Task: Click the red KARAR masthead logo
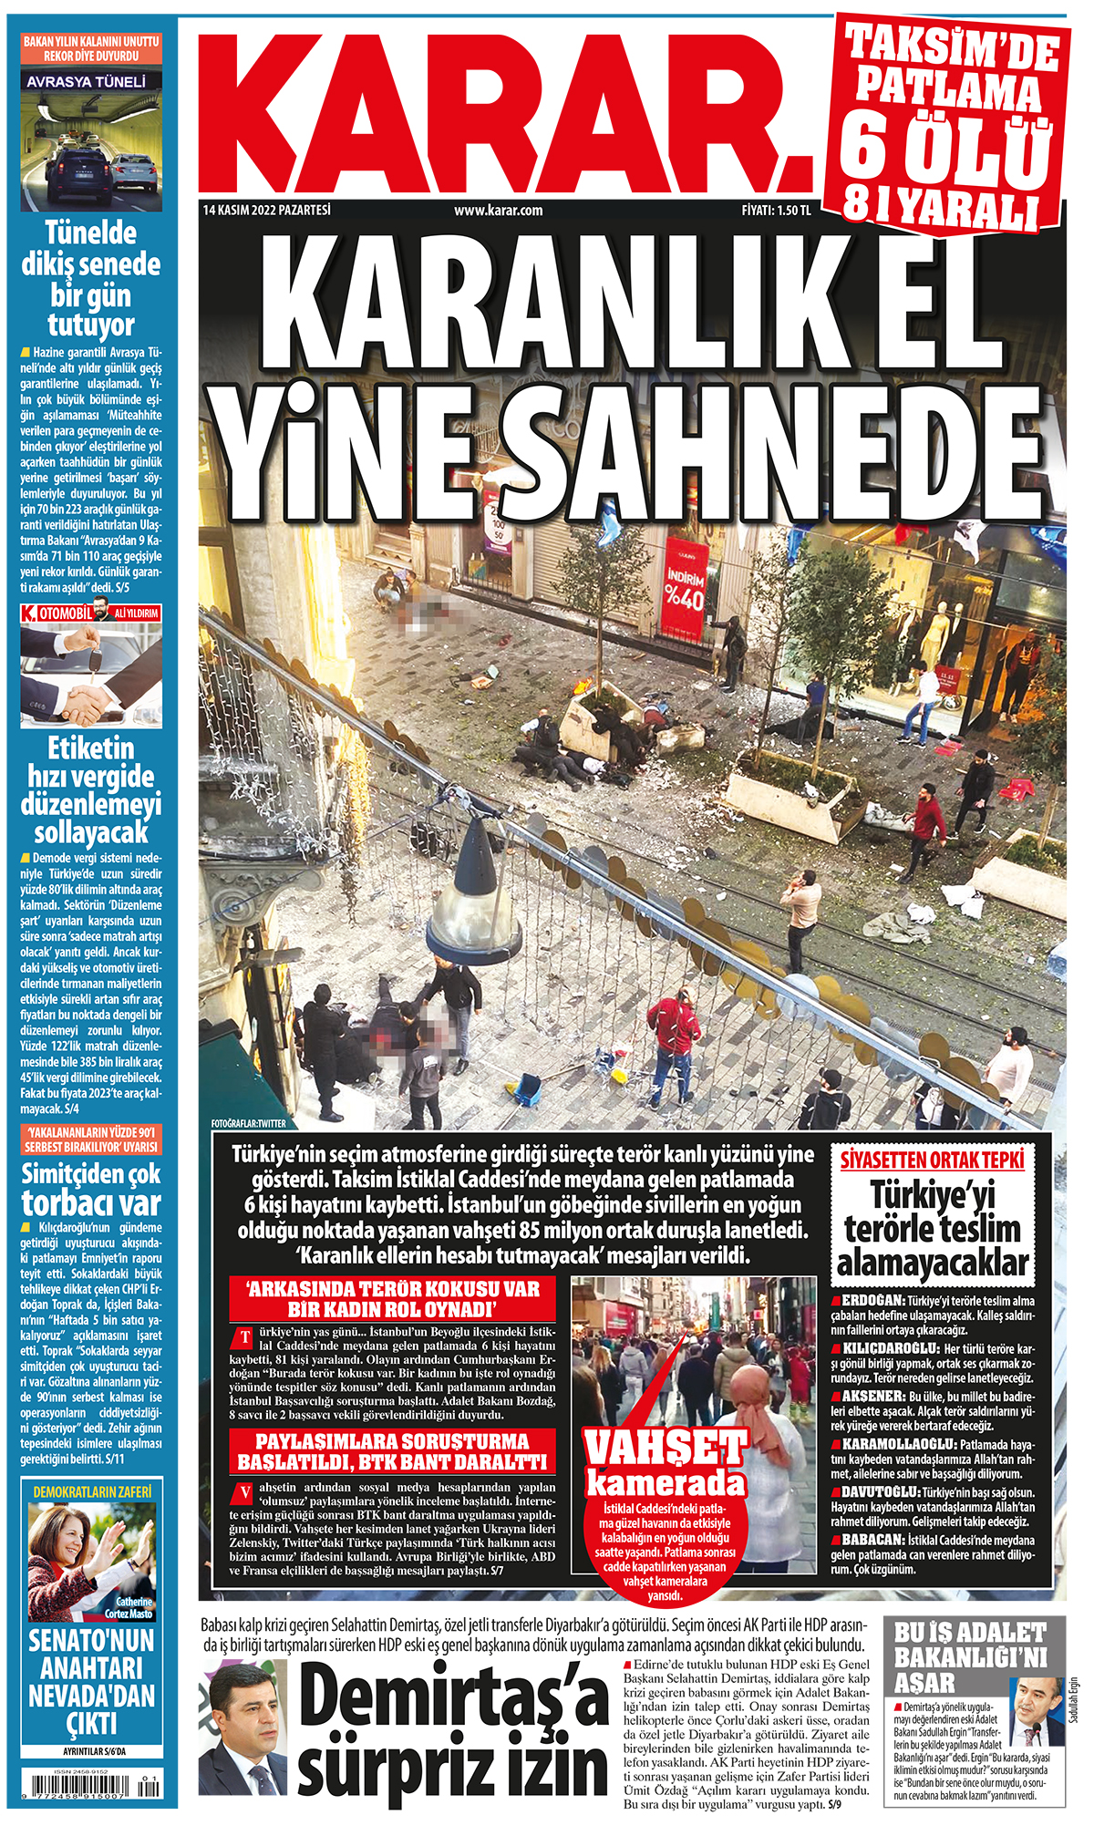(x=506, y=109)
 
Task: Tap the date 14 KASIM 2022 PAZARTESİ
(x=267, y=211)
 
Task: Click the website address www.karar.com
(x=499, y=211)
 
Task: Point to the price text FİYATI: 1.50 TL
(x=776, y=211)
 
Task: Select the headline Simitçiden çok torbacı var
(x=91, y=1188)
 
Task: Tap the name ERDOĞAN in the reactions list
(x=872, y=1300)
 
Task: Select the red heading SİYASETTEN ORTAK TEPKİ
(x=932, y=1160)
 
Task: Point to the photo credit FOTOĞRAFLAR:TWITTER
(x=248, y=1124)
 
